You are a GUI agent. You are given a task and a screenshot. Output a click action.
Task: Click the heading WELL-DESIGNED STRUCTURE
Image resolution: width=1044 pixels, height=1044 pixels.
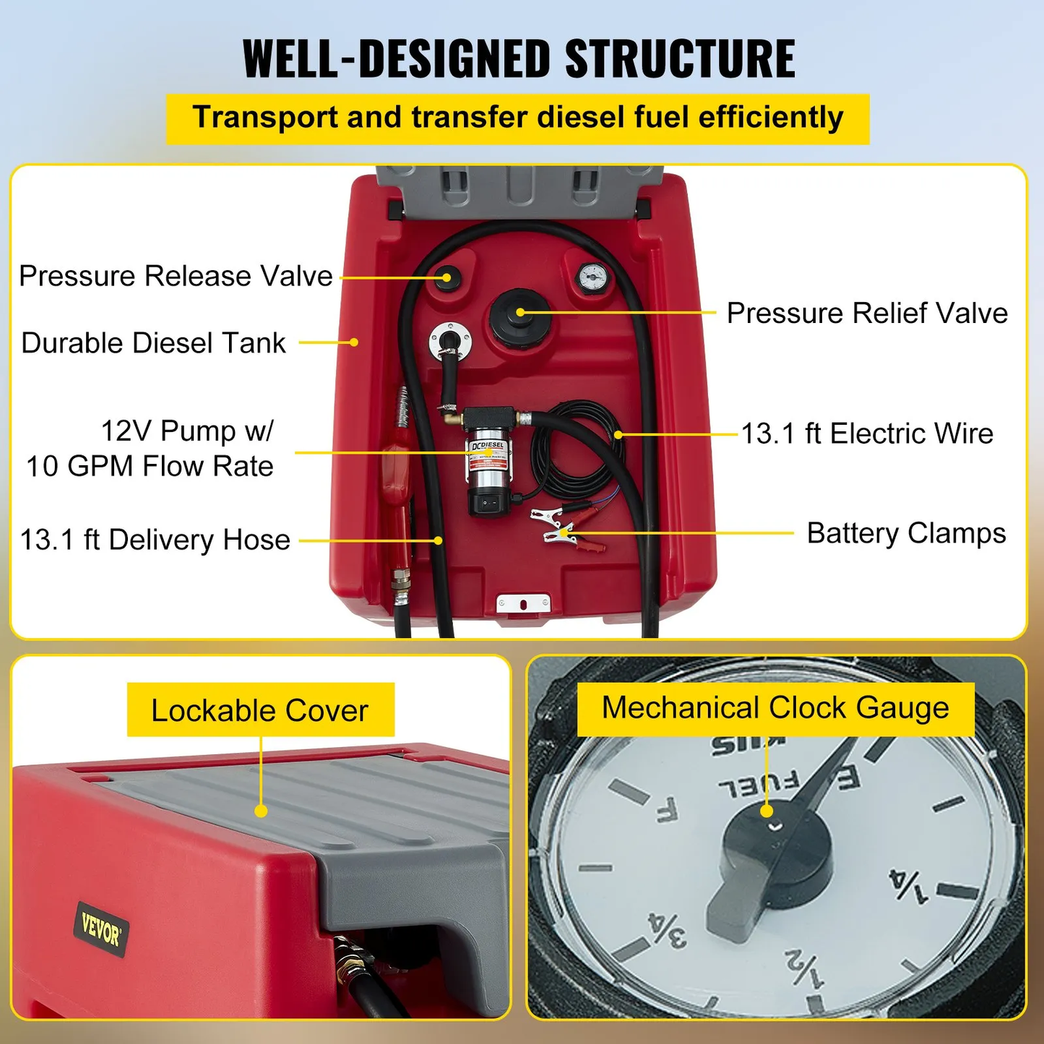click(519, 59)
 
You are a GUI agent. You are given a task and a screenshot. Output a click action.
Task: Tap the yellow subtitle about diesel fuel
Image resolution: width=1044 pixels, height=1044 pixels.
click(517, 118)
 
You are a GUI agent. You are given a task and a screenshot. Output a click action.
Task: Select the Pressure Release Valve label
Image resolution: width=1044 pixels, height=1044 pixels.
click(176, 276)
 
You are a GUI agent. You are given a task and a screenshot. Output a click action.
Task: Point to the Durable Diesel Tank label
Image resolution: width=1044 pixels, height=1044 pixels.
click(153, 343)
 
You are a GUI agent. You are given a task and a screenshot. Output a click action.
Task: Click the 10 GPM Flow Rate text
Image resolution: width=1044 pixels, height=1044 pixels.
click(150, 467)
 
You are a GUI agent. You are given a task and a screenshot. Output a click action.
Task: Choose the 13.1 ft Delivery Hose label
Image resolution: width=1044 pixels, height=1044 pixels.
click(155, 540)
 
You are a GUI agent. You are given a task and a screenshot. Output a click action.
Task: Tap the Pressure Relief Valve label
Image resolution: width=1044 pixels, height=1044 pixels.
click(866, 313)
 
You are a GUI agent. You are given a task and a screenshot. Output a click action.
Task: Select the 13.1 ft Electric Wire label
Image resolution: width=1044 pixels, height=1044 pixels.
click(867, 433)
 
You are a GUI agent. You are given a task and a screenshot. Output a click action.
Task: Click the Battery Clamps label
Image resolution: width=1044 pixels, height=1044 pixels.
click(906, 533)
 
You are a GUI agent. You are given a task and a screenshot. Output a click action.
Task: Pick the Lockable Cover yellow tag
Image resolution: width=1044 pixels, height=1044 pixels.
click(260, 710)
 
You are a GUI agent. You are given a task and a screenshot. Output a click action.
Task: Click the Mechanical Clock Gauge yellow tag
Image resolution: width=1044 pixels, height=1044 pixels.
click(775, 708)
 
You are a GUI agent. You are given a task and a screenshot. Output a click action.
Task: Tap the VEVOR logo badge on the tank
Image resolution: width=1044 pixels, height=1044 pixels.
click(100, 929)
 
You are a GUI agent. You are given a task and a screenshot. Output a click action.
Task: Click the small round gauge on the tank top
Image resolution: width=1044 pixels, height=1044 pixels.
click(593, 276)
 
